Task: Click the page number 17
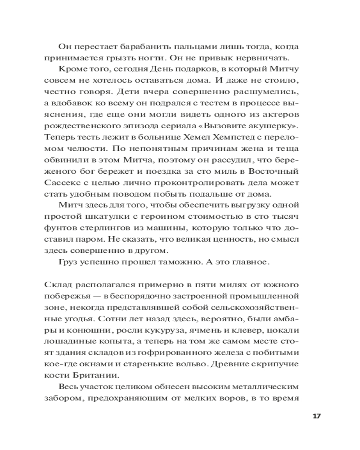(315, 415)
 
